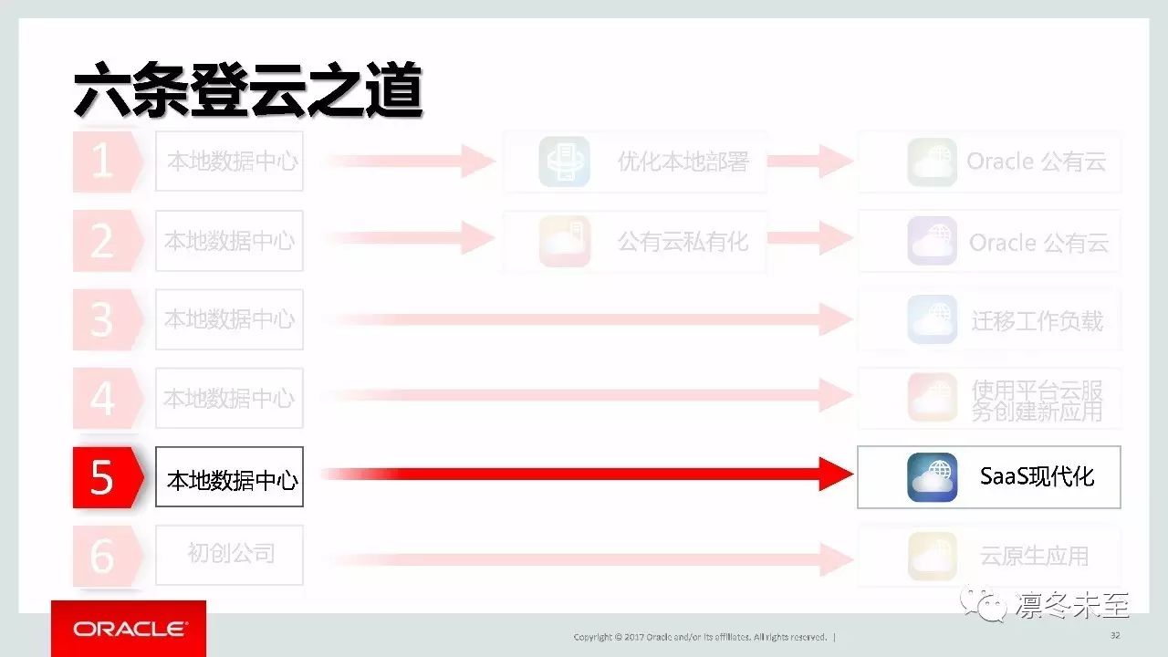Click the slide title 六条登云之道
click(247, 89)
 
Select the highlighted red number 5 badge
click(103, 477)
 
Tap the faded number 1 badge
click(103, 162)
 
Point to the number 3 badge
click(103, 319)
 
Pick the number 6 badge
click(103, 555)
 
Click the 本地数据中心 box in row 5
click(230, 477)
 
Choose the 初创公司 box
click(230, 554)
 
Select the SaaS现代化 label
click(1037, 476)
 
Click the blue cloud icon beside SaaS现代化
click(932, 477)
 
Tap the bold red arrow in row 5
click(584, 474)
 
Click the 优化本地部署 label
click(683, 162)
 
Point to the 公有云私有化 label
click(683, 242)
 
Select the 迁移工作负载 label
click(1037, 320)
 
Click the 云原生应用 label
click(1034, 556)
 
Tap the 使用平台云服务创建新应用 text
click(1037, 400)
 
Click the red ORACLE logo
click(129, 629)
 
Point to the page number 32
click(1115, 635)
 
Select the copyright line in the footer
click(700, 636)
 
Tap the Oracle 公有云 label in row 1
click(1037, 162)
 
